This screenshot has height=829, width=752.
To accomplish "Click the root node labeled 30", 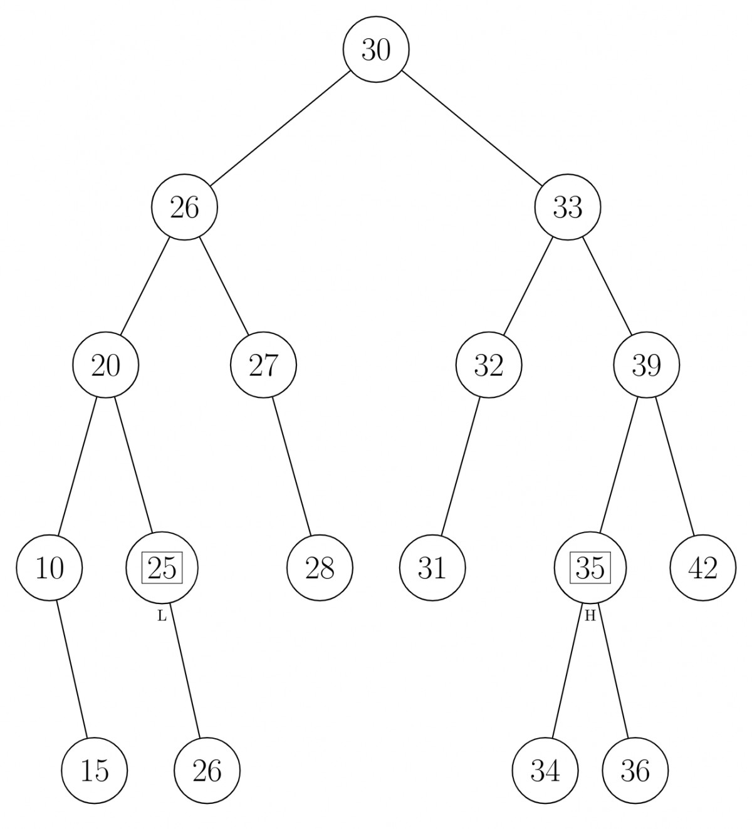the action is coord(376,49).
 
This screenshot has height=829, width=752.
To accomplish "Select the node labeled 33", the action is coord(568,207).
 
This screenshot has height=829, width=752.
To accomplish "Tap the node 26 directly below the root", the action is coord(184,207).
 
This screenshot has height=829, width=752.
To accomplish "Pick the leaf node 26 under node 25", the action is coord(207,771).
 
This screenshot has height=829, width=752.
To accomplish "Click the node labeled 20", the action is coord(106,365).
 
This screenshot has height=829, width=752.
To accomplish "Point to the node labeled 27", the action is coord(263,365).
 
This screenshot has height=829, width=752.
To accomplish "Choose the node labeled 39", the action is coord(647,365).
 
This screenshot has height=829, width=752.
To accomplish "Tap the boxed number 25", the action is coord(162,568).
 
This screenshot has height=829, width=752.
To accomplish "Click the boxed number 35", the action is coord(590,568).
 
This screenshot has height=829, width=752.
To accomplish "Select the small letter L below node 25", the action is coord(162,617).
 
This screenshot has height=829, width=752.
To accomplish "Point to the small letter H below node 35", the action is coord(590,617).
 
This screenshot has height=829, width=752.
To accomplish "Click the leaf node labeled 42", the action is coord(702,568).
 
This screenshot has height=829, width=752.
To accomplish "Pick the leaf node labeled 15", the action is coord(95,771).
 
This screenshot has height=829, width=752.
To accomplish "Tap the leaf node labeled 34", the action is coord(545,771).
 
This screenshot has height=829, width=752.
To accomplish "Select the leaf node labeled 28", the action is coord(320,568).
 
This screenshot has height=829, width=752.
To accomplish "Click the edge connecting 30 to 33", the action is coord(472,128).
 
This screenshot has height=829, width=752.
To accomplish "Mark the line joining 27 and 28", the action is coord(291,467).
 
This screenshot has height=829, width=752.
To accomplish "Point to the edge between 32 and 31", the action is coord(461,467).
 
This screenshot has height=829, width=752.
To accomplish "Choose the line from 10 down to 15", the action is coord(72,669).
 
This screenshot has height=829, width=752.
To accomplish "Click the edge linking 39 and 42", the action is coord(675,467).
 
